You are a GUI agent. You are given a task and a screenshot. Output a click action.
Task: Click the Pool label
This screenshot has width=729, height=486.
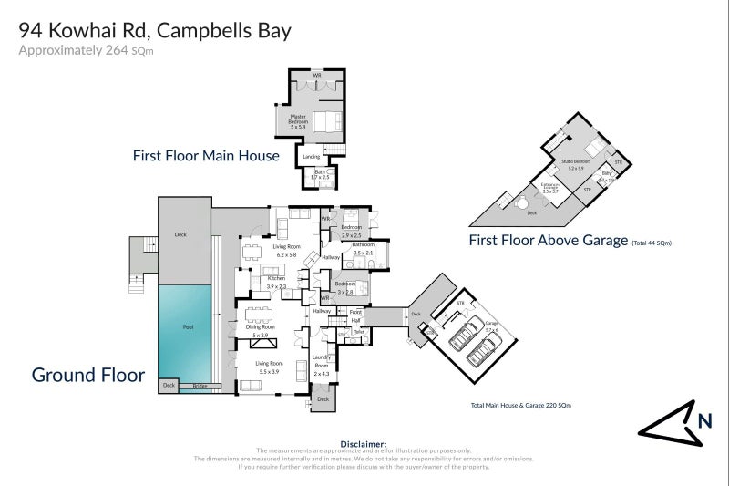pos(187,327)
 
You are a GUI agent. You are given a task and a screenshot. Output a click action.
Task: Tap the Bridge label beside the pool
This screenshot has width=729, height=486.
pos(199,387)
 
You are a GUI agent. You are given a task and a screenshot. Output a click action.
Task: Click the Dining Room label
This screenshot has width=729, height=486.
pos(266,331)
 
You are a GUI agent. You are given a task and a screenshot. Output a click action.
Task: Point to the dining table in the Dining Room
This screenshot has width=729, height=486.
pos(263,316)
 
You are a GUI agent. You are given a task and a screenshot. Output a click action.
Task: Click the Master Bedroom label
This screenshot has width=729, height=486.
pos(298,119)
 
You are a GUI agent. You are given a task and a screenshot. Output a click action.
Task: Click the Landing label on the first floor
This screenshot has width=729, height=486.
pos(312,156)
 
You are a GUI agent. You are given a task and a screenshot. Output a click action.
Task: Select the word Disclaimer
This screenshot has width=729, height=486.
pos(364,443)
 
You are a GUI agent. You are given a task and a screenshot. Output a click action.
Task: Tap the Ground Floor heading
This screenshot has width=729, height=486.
pos(88,374)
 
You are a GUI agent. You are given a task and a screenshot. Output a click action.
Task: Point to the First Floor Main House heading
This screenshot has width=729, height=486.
pos(206,156)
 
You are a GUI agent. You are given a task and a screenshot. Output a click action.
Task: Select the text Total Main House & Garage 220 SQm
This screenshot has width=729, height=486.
pos(520,404)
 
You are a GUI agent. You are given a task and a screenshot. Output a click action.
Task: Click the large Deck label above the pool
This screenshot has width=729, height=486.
pos(180,234)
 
